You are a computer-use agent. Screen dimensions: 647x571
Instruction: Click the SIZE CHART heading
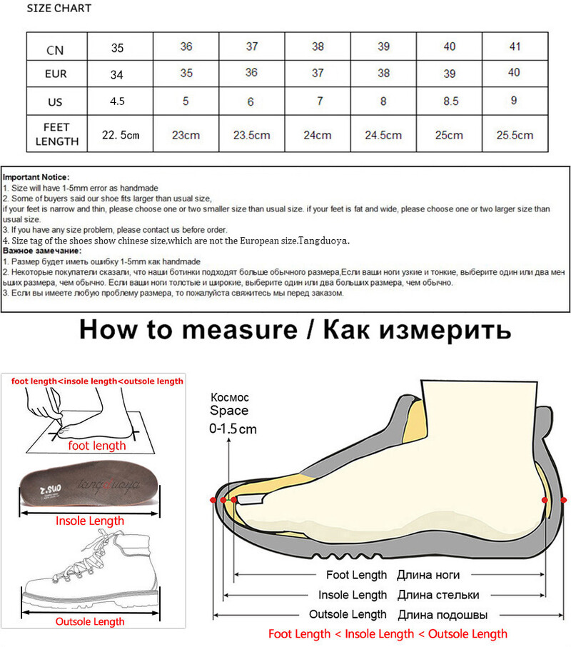(59, 9)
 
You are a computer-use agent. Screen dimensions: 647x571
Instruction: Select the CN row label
(56, 50)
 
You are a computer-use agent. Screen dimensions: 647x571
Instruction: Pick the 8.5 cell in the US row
(450, 102)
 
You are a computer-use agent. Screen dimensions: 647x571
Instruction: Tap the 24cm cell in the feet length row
(318, 135)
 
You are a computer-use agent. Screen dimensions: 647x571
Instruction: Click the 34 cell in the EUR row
(117, 74)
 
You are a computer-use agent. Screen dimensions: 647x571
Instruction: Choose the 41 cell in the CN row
(514, 47)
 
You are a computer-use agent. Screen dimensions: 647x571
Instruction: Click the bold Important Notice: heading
(36, 176)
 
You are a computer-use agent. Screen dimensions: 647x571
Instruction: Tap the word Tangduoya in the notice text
(326, 241)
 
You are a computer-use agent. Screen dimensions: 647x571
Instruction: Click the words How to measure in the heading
(188, 330)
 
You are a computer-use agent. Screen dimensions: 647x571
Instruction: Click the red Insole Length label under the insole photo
(90, 521)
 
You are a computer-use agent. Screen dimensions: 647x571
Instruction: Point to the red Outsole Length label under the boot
(90, 621)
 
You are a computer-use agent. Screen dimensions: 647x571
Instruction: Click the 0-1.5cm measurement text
(233, 429)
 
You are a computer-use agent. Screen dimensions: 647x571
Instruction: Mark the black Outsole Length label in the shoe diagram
(348, 614)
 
